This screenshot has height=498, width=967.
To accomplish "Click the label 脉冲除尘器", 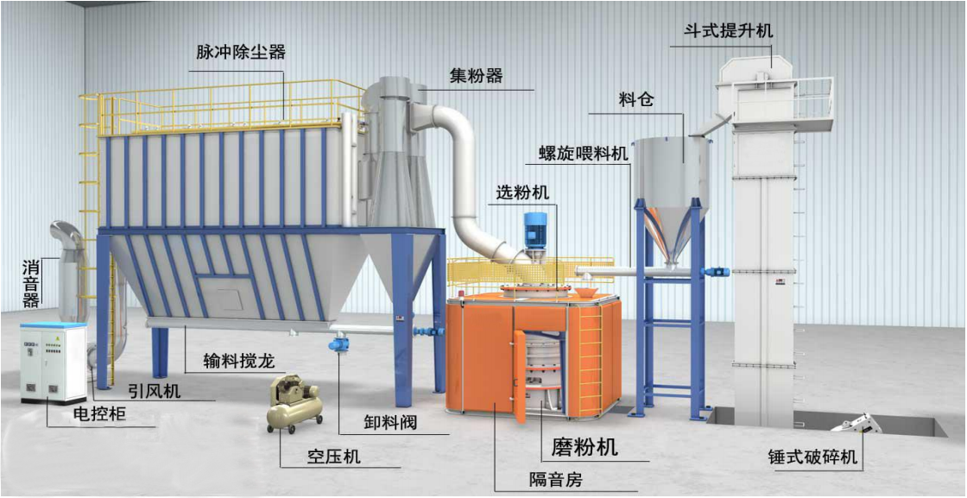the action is (241, 52).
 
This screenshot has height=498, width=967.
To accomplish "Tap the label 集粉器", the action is (477, 76).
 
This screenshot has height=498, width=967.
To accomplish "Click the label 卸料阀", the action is (390, 423).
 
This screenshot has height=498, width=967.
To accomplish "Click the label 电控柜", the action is (98, 414).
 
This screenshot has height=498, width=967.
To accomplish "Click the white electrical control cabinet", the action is (53, 363).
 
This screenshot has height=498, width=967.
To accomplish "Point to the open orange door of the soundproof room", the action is (520, 376).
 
